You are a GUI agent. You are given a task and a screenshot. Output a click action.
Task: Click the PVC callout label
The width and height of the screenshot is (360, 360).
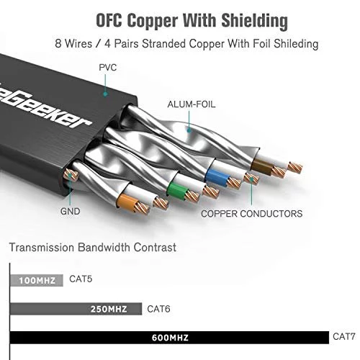108,68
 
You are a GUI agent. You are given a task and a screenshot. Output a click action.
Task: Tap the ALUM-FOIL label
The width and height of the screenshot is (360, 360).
192,104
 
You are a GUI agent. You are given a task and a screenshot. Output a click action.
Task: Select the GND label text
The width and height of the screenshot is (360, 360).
70,211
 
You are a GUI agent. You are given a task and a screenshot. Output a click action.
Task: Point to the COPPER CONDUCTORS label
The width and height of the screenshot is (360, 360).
251,214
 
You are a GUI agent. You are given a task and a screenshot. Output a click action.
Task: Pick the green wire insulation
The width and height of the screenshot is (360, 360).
177,189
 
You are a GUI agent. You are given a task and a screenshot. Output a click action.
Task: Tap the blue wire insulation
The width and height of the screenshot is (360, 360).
217,178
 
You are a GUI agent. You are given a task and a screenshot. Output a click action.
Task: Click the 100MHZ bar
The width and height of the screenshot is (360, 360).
37,280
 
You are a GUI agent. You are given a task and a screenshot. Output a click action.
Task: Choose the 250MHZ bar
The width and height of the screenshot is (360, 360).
76,309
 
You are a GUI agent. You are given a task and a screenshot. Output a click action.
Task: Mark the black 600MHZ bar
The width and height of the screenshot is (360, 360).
169,338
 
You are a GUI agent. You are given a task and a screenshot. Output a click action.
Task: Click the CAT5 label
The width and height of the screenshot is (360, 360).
81,279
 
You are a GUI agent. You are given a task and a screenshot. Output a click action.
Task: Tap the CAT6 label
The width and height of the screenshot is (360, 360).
158,309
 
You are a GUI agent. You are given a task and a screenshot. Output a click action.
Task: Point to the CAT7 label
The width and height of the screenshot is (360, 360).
343,336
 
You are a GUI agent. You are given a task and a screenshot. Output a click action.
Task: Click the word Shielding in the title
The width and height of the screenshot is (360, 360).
254,21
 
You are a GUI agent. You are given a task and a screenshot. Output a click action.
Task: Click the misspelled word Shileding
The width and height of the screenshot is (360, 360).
296,44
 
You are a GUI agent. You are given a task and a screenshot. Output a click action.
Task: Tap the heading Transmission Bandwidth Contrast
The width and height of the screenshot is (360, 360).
93,248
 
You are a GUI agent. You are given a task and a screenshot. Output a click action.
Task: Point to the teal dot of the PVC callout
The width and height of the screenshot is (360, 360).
105,94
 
